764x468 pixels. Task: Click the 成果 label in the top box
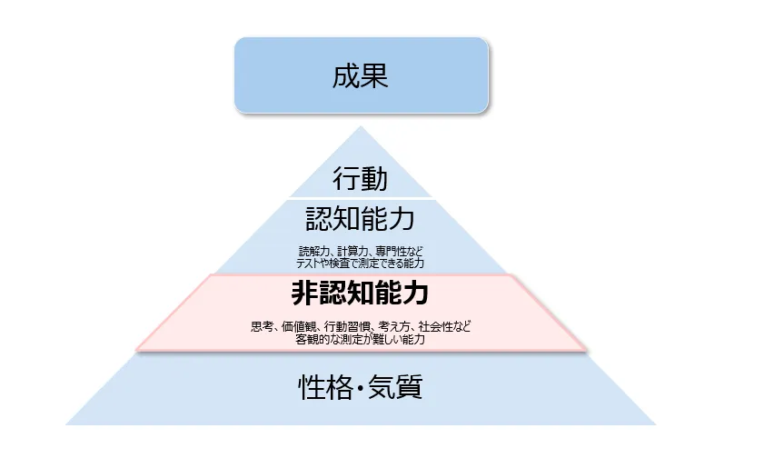coord(361,75)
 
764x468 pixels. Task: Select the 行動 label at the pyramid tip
coord(361,178)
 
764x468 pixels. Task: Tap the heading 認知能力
coord(361,219)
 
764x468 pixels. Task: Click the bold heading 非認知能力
coord(361,294)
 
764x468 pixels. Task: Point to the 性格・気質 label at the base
coord(361,388)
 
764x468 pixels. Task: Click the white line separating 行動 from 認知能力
coord(361,198)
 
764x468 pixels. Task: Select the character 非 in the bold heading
coord(304,294)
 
